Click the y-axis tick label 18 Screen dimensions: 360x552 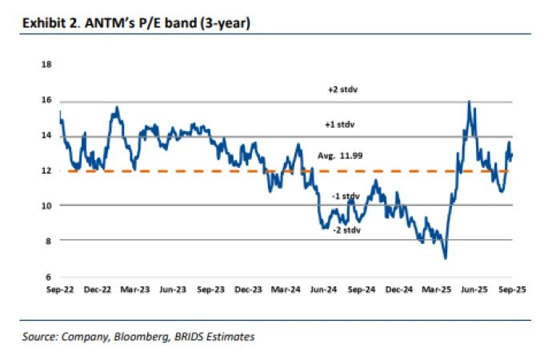click(x=46, y=66)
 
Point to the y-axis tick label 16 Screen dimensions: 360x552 click(x=46, y=101)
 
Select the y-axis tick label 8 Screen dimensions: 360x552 click(x=48, y=241)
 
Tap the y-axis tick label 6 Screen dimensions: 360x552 click(x=48, y=276)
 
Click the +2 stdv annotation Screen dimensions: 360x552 click(x=340, y=90)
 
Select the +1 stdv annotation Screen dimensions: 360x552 click(x=340, y=125)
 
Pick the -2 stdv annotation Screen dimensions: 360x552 click(x=345, y=230)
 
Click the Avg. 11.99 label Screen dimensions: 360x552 click(x=341, y=156)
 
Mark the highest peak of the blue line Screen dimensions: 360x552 click(x=468, y=102)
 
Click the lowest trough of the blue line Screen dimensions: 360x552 click(x=445, y=258)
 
